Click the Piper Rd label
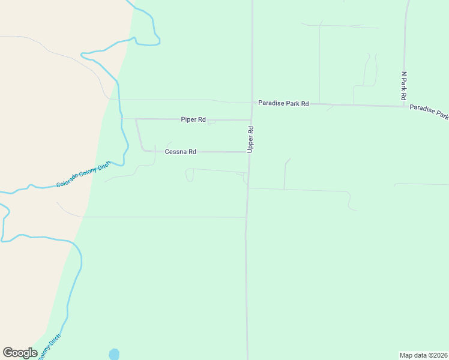[x=193, y=119]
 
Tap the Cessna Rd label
[x=180, y=152]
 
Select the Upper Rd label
[x=250, y=139]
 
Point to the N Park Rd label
[x=404, y=86]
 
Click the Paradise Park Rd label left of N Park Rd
[x=283, y=104]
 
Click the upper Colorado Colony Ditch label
[x=83, y=174]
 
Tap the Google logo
[x=20, y=353]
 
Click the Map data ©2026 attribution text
[x=423, y=355]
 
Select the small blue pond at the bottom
[x=114, y=354]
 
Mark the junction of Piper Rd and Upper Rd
[x=250, y=119]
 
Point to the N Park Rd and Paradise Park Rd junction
[x=405, y=106]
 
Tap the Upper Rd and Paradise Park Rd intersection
[x=252, y=103]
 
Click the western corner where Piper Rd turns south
[x=136, y=119]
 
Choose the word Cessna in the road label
[x=176, y=152]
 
